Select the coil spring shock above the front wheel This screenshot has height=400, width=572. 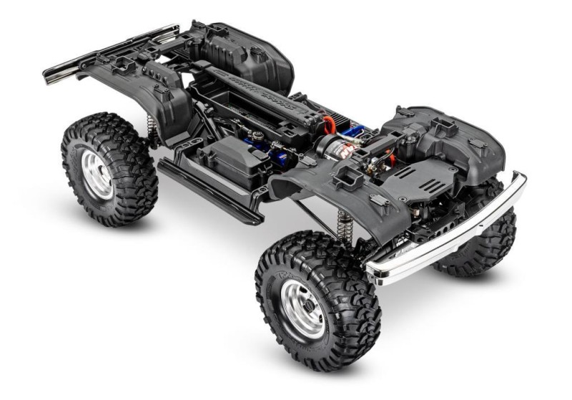(344, 223)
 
